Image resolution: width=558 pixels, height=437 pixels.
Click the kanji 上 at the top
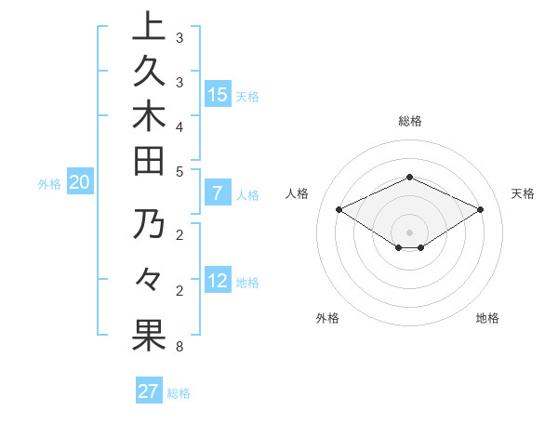click(x=149, y=28)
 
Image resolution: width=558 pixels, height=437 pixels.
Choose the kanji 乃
click(x=149, y=226)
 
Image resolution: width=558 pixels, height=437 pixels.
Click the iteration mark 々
click(x=149, y=280)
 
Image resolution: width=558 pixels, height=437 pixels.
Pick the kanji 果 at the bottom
click(x=149, y=336)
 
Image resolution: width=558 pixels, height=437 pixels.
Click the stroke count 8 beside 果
click(x=179, y=347)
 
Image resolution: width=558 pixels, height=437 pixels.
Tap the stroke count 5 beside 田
click(x=179, y=171)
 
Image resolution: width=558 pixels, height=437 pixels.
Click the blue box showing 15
click(x=218, y=94)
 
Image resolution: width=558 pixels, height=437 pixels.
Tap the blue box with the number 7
click(x=218, y=193)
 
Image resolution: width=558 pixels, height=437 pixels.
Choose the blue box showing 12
click(x=218, y=281)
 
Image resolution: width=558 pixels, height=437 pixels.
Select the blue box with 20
click(x=79, y=182)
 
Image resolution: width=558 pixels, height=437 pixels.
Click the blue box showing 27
click(x=148, y=391)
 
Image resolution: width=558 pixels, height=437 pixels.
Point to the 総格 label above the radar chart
click(x=410, y=121)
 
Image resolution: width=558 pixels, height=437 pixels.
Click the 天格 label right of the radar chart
click(x=523, y=193)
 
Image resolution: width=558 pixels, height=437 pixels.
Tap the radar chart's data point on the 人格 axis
click(x=339, y=210)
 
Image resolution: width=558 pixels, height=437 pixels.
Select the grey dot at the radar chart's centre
click(x=410, y=232)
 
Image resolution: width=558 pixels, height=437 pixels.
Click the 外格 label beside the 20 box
click(x=49, y=184)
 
